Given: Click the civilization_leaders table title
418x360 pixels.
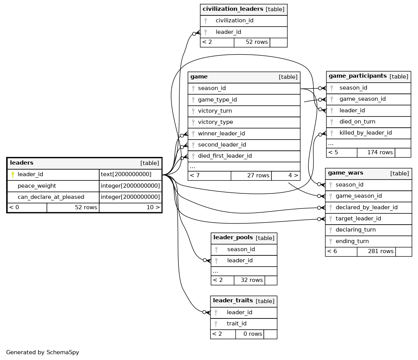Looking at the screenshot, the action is point(233,9).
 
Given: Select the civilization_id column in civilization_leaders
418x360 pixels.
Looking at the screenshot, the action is point(234,20).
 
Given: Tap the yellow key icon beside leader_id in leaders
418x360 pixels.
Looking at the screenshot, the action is point(13,175).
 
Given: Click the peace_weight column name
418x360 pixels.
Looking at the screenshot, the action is point(37,186).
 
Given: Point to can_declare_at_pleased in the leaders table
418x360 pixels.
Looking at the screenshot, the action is point(51,197).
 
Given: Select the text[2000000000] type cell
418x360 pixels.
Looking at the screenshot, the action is point(126,174).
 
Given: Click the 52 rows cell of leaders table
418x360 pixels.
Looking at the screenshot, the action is point(86,207).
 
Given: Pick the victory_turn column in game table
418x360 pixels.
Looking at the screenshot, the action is point(215,111).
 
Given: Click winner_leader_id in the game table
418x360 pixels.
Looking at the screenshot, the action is point(221,133).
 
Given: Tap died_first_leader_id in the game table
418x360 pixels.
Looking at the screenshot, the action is point(225,156).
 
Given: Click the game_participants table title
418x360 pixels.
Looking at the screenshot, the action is point(358,76).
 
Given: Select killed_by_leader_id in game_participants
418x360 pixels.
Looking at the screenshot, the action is point(365,133).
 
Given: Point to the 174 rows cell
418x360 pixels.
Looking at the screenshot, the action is point(380,153).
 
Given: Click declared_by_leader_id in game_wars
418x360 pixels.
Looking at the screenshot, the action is point(366,207).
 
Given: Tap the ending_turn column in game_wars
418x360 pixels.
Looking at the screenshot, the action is point(352,241).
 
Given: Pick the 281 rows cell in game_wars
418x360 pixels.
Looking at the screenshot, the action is point(381,251).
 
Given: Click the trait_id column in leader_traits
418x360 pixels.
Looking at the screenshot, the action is point(236,324).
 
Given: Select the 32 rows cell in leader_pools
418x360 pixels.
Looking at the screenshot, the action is point(251,280).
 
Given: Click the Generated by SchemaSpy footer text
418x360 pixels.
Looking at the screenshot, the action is point(43,352).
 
